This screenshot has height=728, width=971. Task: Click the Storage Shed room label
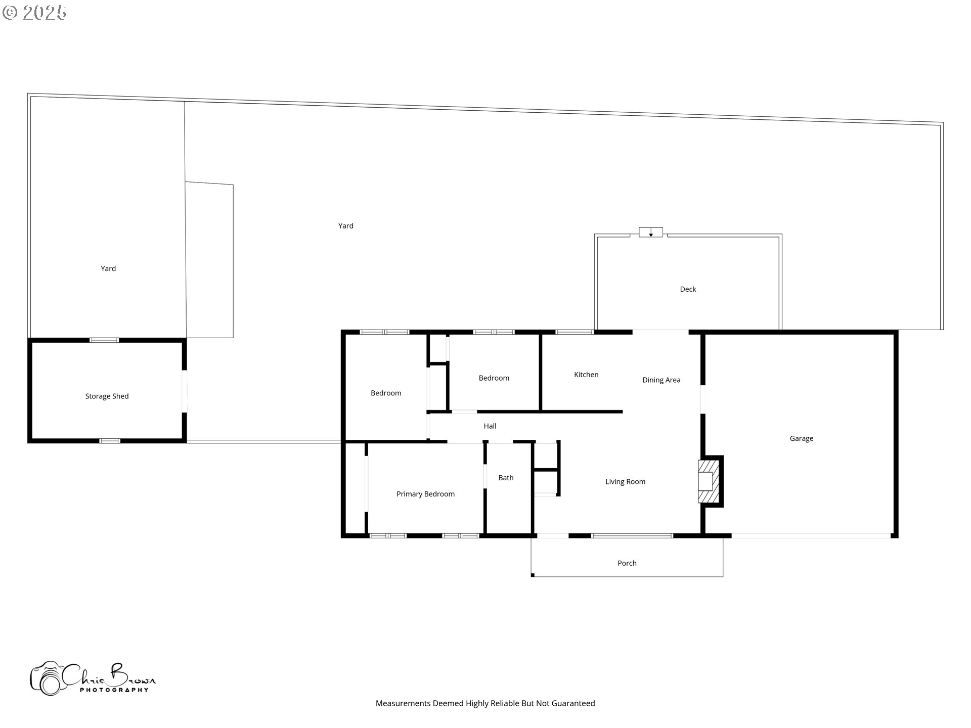click(107, 396)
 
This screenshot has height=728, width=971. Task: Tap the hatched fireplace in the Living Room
click(708, 481)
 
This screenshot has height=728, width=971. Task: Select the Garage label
click(801, 438)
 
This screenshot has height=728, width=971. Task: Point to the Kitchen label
click(586, 375)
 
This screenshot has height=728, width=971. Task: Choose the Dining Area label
click(661, 380)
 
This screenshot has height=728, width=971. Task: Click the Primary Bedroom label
click(425, 494)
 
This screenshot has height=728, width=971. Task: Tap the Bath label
click(506, 478)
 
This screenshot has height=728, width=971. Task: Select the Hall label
click(490, 426)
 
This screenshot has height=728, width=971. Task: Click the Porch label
click(627, 563)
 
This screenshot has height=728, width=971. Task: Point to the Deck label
click(688, 289)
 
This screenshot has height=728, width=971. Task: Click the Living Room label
click(625, 482)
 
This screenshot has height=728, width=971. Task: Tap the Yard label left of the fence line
click(108, 268)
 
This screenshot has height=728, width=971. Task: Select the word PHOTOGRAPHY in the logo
click(114, 690)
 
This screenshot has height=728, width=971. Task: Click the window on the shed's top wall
click(104, 340)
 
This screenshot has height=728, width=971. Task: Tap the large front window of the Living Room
click(632, 535)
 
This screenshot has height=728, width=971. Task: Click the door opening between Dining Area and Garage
click(703, 400)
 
